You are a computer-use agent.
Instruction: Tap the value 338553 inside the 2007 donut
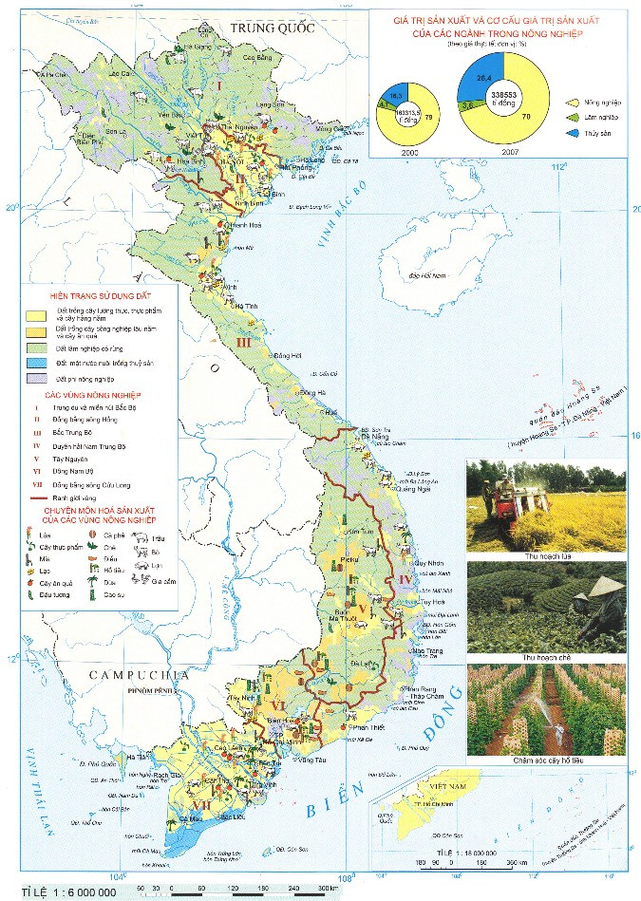click(504, 95)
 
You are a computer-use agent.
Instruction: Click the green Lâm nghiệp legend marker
click(573, 117)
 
